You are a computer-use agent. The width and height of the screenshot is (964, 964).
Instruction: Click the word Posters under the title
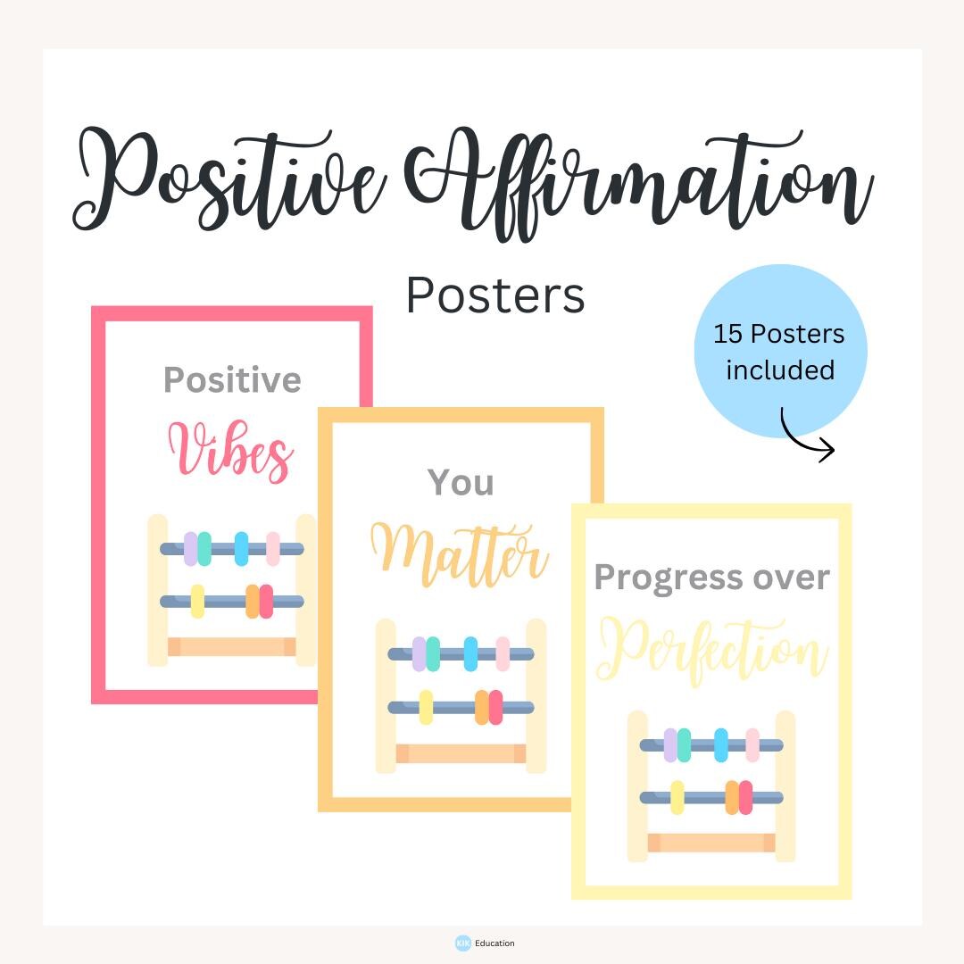pos(495,295)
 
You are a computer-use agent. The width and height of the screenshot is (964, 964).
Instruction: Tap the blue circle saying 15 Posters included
pos(780,350)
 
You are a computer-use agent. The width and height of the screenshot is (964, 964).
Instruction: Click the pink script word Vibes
pos(230,451)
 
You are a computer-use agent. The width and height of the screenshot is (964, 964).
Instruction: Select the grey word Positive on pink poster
pos(232,380)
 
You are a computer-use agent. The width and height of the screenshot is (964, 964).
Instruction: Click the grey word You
pos(461,483)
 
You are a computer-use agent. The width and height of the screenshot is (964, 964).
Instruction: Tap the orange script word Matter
pos(459,553)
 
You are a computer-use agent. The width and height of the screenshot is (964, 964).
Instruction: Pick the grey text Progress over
pos(711,578)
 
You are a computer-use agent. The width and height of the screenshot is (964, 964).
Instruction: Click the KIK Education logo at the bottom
pos(485,943)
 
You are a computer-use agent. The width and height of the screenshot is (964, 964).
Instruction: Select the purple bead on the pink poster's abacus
pos(190,548)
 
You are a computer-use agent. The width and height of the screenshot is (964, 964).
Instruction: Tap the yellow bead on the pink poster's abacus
pos(197,601)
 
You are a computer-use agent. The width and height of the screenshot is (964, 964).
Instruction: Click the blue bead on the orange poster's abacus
pos(470,654)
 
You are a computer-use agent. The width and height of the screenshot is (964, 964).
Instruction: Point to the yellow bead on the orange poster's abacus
pos(426,707)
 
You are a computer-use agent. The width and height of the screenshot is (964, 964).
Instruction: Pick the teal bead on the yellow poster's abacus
pos(684,744)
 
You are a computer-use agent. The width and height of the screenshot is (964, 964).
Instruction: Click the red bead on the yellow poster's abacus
pos(745,797)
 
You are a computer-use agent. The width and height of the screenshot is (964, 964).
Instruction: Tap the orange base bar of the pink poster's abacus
pos(232,647)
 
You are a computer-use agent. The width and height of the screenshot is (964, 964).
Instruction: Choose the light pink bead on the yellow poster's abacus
pos(752,744)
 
